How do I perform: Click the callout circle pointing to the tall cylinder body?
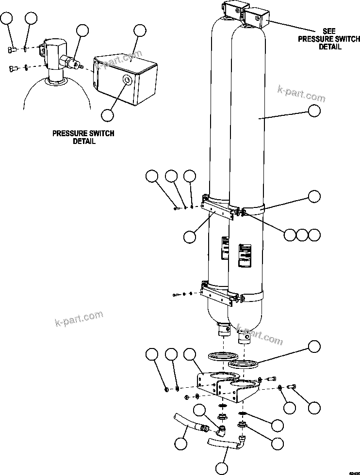coord(314,111)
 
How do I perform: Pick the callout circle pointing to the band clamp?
coord(314,196)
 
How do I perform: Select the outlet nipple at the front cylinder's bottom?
coord(245,337)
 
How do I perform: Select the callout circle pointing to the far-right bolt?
coord(314,407)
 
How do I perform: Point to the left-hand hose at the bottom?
coord(187,422)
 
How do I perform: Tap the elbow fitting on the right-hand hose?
coord(241,441)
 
